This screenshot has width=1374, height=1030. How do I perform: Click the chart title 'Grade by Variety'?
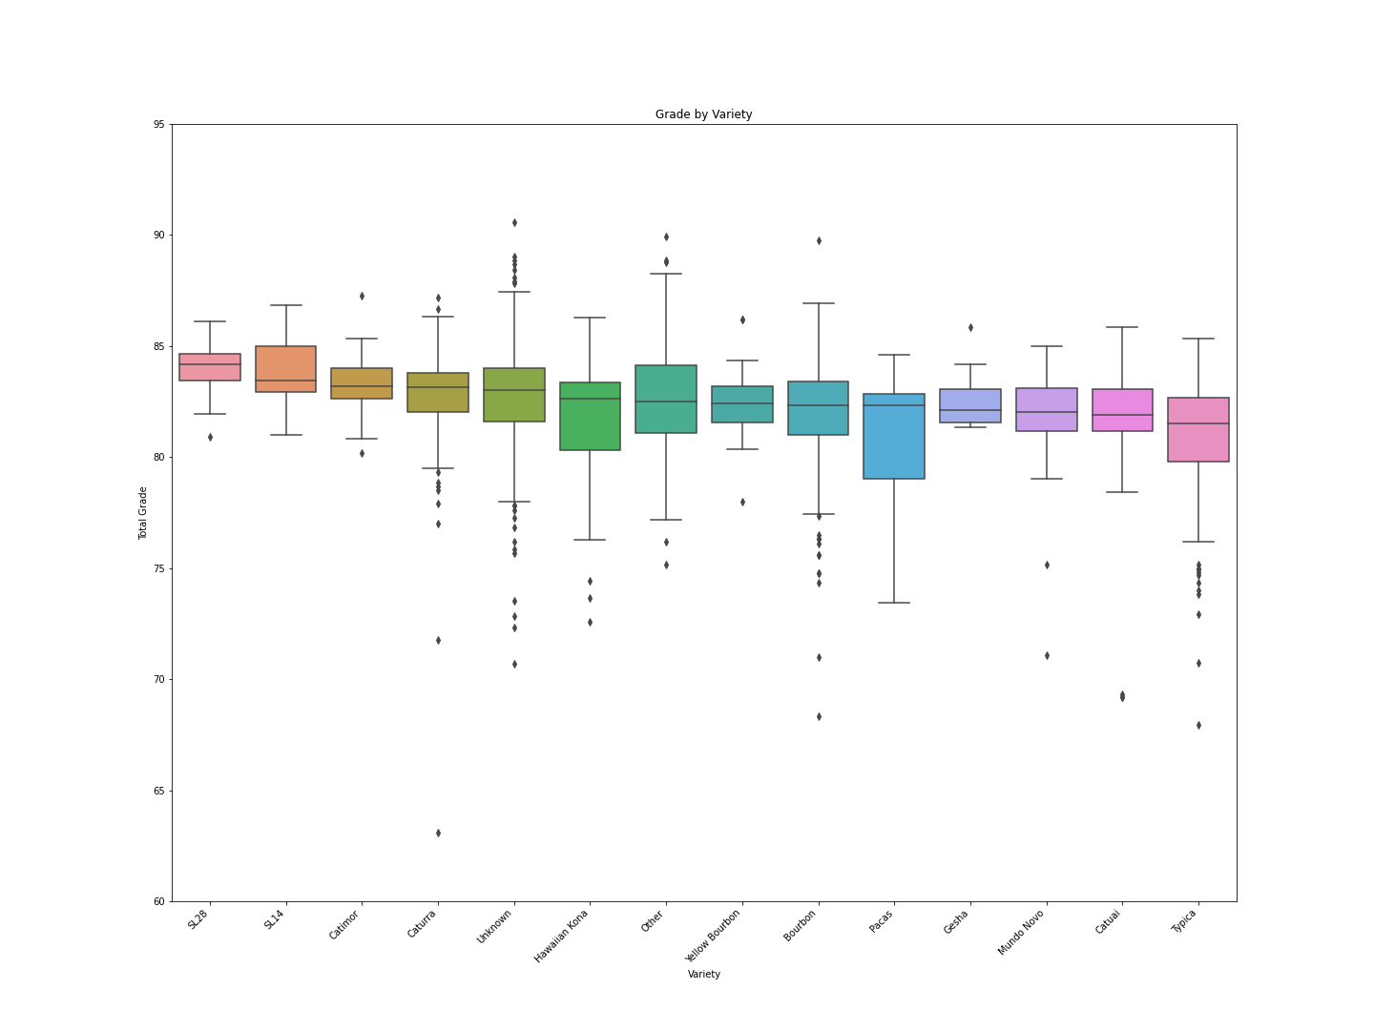703,114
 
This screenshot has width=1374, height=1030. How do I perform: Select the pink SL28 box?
210,367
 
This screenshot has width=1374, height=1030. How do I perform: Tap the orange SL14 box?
286,369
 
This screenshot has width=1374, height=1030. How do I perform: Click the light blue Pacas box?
894,437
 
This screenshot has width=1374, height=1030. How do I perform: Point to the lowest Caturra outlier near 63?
438,833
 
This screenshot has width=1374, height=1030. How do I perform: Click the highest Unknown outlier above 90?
514,222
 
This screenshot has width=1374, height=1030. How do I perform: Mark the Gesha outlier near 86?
970,327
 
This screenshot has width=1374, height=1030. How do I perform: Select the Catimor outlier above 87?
362,296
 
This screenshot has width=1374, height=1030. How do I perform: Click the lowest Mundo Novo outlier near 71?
1047,655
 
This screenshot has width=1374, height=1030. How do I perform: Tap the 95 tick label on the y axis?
157,124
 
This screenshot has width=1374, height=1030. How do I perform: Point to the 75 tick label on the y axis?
157,568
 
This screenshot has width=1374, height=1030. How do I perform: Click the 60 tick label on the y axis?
157,901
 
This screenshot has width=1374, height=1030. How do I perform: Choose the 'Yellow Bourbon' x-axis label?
715,935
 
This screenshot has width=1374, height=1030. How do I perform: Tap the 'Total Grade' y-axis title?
143,513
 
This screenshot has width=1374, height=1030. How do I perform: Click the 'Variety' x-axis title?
703,974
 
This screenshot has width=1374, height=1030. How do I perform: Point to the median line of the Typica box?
1198,423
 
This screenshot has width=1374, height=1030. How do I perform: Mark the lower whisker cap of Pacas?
894,603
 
